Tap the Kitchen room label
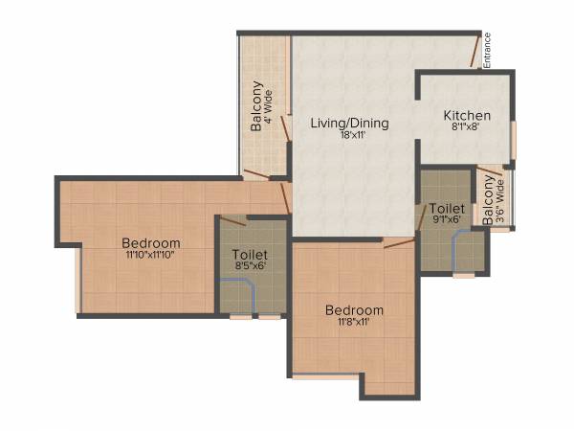(467, 117)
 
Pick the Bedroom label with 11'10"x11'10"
(151, 242)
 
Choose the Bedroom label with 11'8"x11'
(354, 310)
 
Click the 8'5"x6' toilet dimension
(250, 266)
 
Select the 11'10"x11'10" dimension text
(152, 255)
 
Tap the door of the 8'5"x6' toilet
(233, 221)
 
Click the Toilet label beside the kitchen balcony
(447, 208)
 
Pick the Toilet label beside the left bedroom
(250, 254)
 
